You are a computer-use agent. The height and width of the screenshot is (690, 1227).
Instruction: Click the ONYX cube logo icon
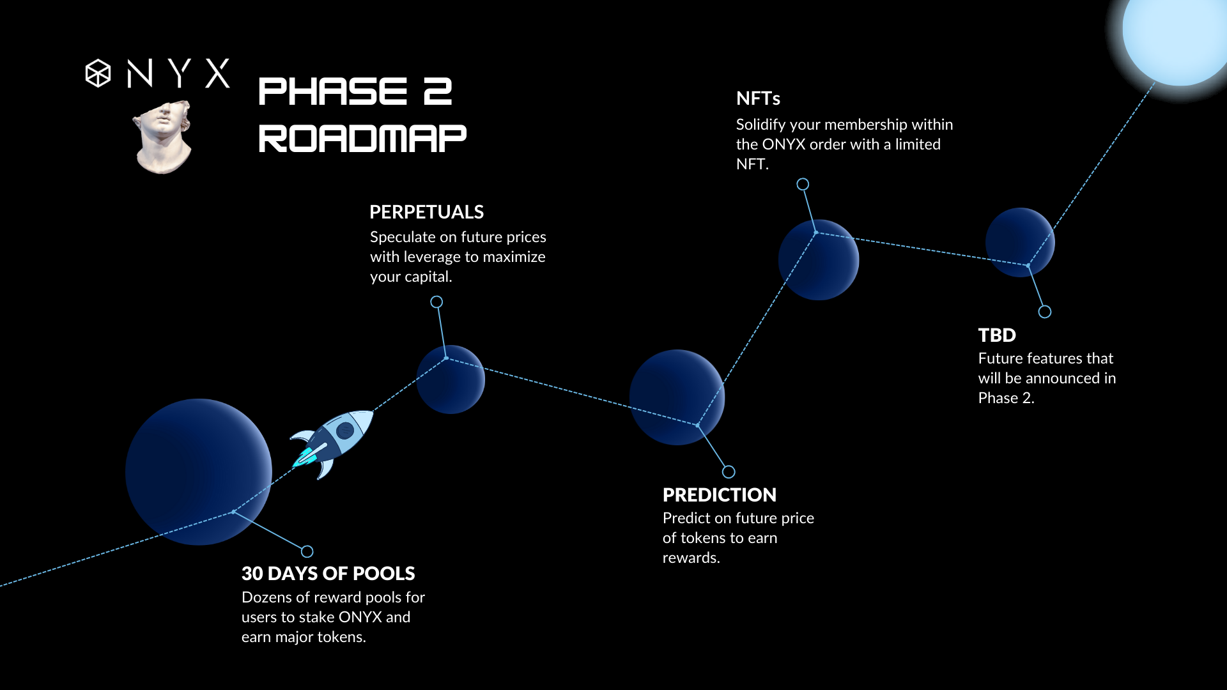coord(98,73)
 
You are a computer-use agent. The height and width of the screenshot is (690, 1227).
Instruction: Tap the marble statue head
coord(163,137)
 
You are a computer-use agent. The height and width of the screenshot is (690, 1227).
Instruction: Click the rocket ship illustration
coord(332,442)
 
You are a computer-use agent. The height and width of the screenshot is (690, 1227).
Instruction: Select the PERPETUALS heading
coord(426,212)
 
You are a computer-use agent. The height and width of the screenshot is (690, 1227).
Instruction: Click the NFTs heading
coord(758,98)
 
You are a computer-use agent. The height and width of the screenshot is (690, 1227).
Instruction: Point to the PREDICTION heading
coord(720,494)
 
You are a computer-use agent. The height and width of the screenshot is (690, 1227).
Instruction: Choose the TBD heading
coord(997,335)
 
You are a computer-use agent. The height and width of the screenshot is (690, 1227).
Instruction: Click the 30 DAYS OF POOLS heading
coord(328,573)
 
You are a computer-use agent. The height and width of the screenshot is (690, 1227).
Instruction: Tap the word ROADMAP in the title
coord(362,139)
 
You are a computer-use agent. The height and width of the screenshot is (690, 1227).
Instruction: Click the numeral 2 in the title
coord(438,91)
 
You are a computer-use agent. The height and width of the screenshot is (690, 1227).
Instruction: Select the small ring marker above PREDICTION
coord(729,472)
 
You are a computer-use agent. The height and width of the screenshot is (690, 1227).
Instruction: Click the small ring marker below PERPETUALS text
coord(436,302)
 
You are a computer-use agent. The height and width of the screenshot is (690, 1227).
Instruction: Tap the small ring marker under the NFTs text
coord(803,185)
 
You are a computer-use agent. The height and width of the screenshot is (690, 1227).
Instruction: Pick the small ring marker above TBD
coord(1045,312)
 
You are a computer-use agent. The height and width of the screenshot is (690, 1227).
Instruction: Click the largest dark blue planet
coord(199,472)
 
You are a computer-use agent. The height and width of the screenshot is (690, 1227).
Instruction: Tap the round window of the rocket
coord(345,431)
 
